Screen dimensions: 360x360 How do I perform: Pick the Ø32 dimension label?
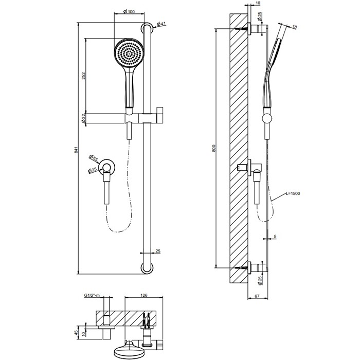coord(84,118)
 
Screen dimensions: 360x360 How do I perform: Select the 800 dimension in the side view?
coord(214,149)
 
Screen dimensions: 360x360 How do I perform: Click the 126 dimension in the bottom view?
coord(145,296)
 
